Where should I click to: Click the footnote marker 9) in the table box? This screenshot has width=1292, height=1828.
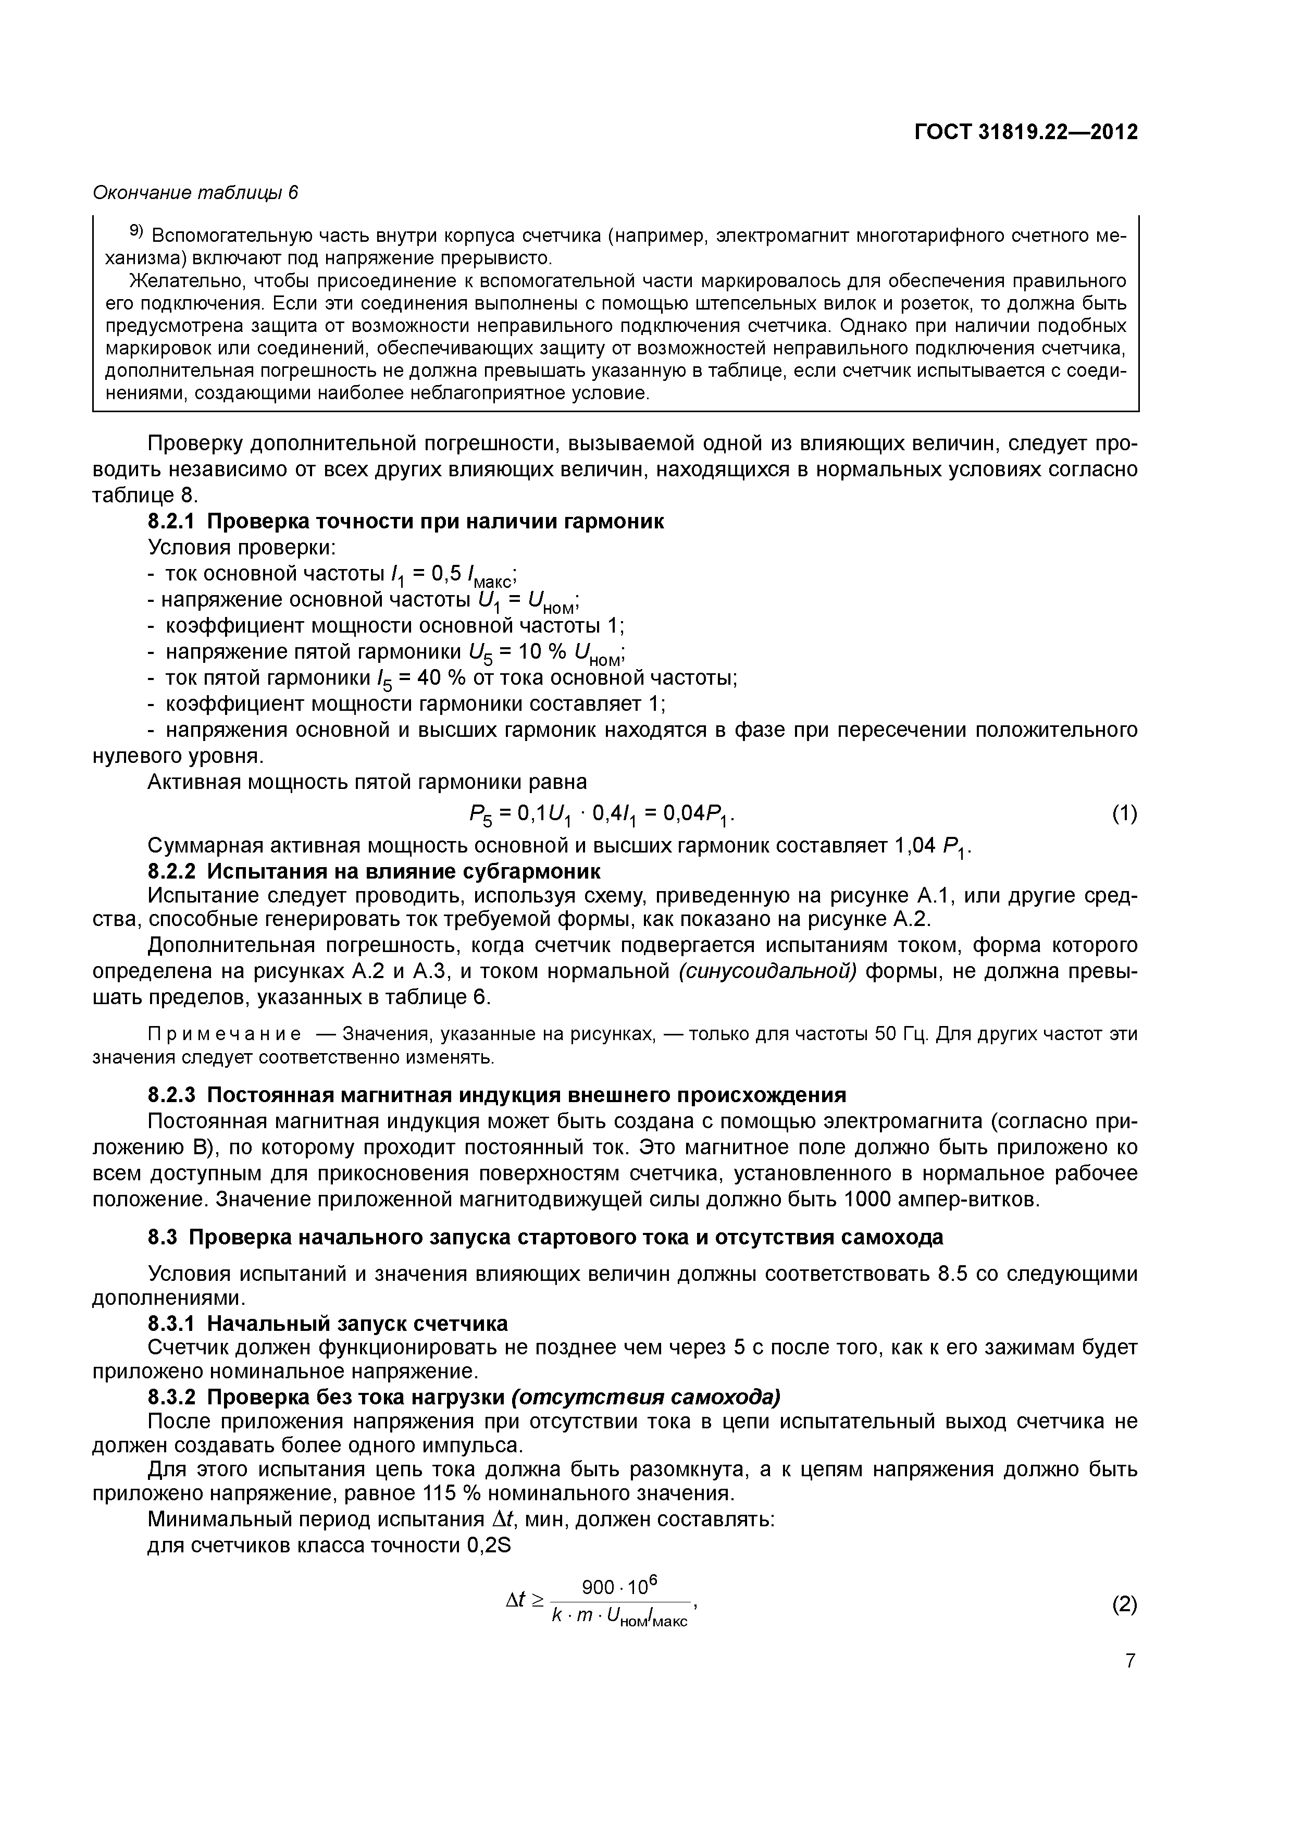tap(135, 232)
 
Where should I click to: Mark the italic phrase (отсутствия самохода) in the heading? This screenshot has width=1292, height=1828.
tap(645, 1397)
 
